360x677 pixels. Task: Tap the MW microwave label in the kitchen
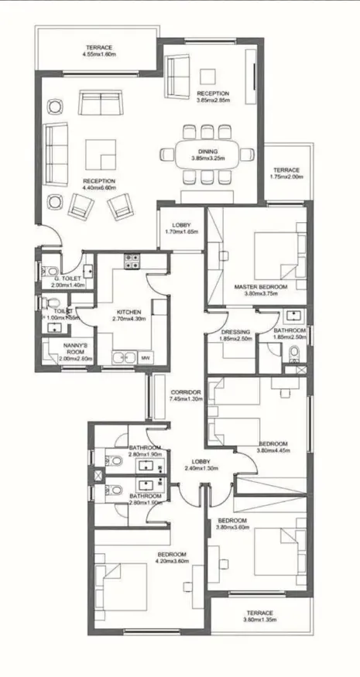(x=145, y=358)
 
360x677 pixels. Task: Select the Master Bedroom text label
(x=261, y=287)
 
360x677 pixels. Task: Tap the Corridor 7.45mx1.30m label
(x=186, y=396)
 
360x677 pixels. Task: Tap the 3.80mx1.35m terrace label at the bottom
(x=260, y=616)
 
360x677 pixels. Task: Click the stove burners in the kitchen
(x=131, y=262)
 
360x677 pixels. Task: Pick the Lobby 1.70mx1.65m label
(x=181, y=227)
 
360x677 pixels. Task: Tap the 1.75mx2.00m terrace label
(x=286, y=173)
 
